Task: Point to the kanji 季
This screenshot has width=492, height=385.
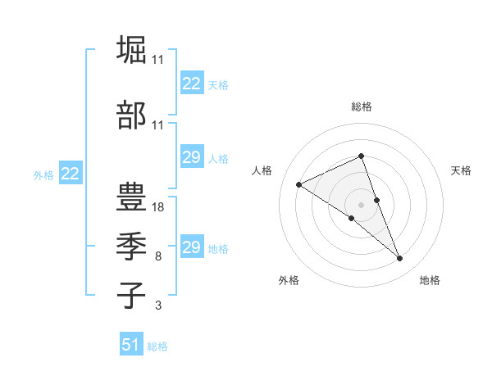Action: [x=131, y=246]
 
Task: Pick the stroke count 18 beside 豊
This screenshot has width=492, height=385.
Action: [x=158, y=207]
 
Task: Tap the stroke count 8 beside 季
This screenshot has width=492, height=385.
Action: [x=158, y=256]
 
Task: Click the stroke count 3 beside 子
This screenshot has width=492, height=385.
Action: [x=158, y=306]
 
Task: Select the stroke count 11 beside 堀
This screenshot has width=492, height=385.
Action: [x=158, y=60]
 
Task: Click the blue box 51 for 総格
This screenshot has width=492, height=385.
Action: [x=130, y=345]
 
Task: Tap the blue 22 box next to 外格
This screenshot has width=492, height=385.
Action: [x=70, y=174]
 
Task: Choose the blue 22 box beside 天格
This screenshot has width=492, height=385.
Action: [x=191, y=84]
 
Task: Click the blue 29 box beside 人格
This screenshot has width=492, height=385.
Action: [x=191, y=157]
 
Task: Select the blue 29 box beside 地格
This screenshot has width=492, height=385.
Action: [x=191, y=247]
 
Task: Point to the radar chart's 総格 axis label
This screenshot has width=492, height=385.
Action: [x=362, y=106]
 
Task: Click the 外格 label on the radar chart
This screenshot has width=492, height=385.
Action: [x=289, y=280]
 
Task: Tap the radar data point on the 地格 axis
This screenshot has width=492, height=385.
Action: [x=400, y=259]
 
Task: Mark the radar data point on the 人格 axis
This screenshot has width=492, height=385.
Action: [x=299, y=184]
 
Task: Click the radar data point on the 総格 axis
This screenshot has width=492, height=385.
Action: [x=362, y=156]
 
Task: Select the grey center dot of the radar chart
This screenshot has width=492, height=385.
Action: [x=362, y=204]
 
